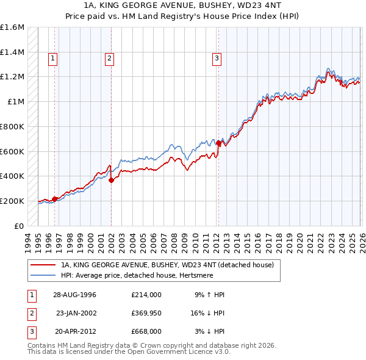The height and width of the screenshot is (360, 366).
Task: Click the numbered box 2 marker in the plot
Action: (x=109, y=59)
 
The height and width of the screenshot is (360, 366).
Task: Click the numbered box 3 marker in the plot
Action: (x=217, y=59)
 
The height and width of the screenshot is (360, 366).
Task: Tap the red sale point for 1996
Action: (x=55, y=198)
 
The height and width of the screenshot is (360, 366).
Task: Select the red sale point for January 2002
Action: (x=111, y=180)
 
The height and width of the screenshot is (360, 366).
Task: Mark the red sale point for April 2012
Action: (x=219, y=143)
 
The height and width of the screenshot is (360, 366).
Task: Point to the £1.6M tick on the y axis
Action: (x=12, y=27)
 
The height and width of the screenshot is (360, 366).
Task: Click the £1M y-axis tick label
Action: (x=17, y=102)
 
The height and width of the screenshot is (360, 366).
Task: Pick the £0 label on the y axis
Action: (x=20, y=226)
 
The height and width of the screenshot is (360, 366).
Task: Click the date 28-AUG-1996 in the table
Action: (x=75, y=295)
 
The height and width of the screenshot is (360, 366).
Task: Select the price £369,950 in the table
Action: (x=146, y=313)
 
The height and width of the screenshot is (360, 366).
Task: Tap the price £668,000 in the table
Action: (x=146, y=331)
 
